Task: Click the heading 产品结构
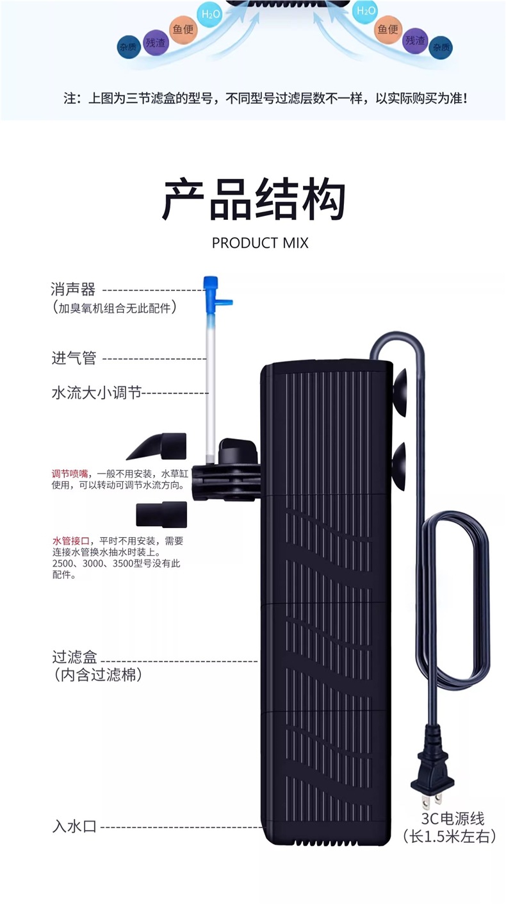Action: [253, 201]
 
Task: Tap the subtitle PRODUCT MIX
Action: [259, 243]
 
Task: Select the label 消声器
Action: [73, 290]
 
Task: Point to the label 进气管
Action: [73, 358]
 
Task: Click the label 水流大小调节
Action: [95, 392]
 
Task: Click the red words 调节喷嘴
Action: [70, 474]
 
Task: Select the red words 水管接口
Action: [70, 541]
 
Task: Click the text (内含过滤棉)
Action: [97, 675]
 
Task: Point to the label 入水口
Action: [74, 826]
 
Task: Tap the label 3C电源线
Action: [452, 818]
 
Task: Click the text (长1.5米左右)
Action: [449, 836]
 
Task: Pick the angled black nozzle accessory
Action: [158, 446]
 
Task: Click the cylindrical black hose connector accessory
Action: [161, 515]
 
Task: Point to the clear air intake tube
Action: [209, 385]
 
